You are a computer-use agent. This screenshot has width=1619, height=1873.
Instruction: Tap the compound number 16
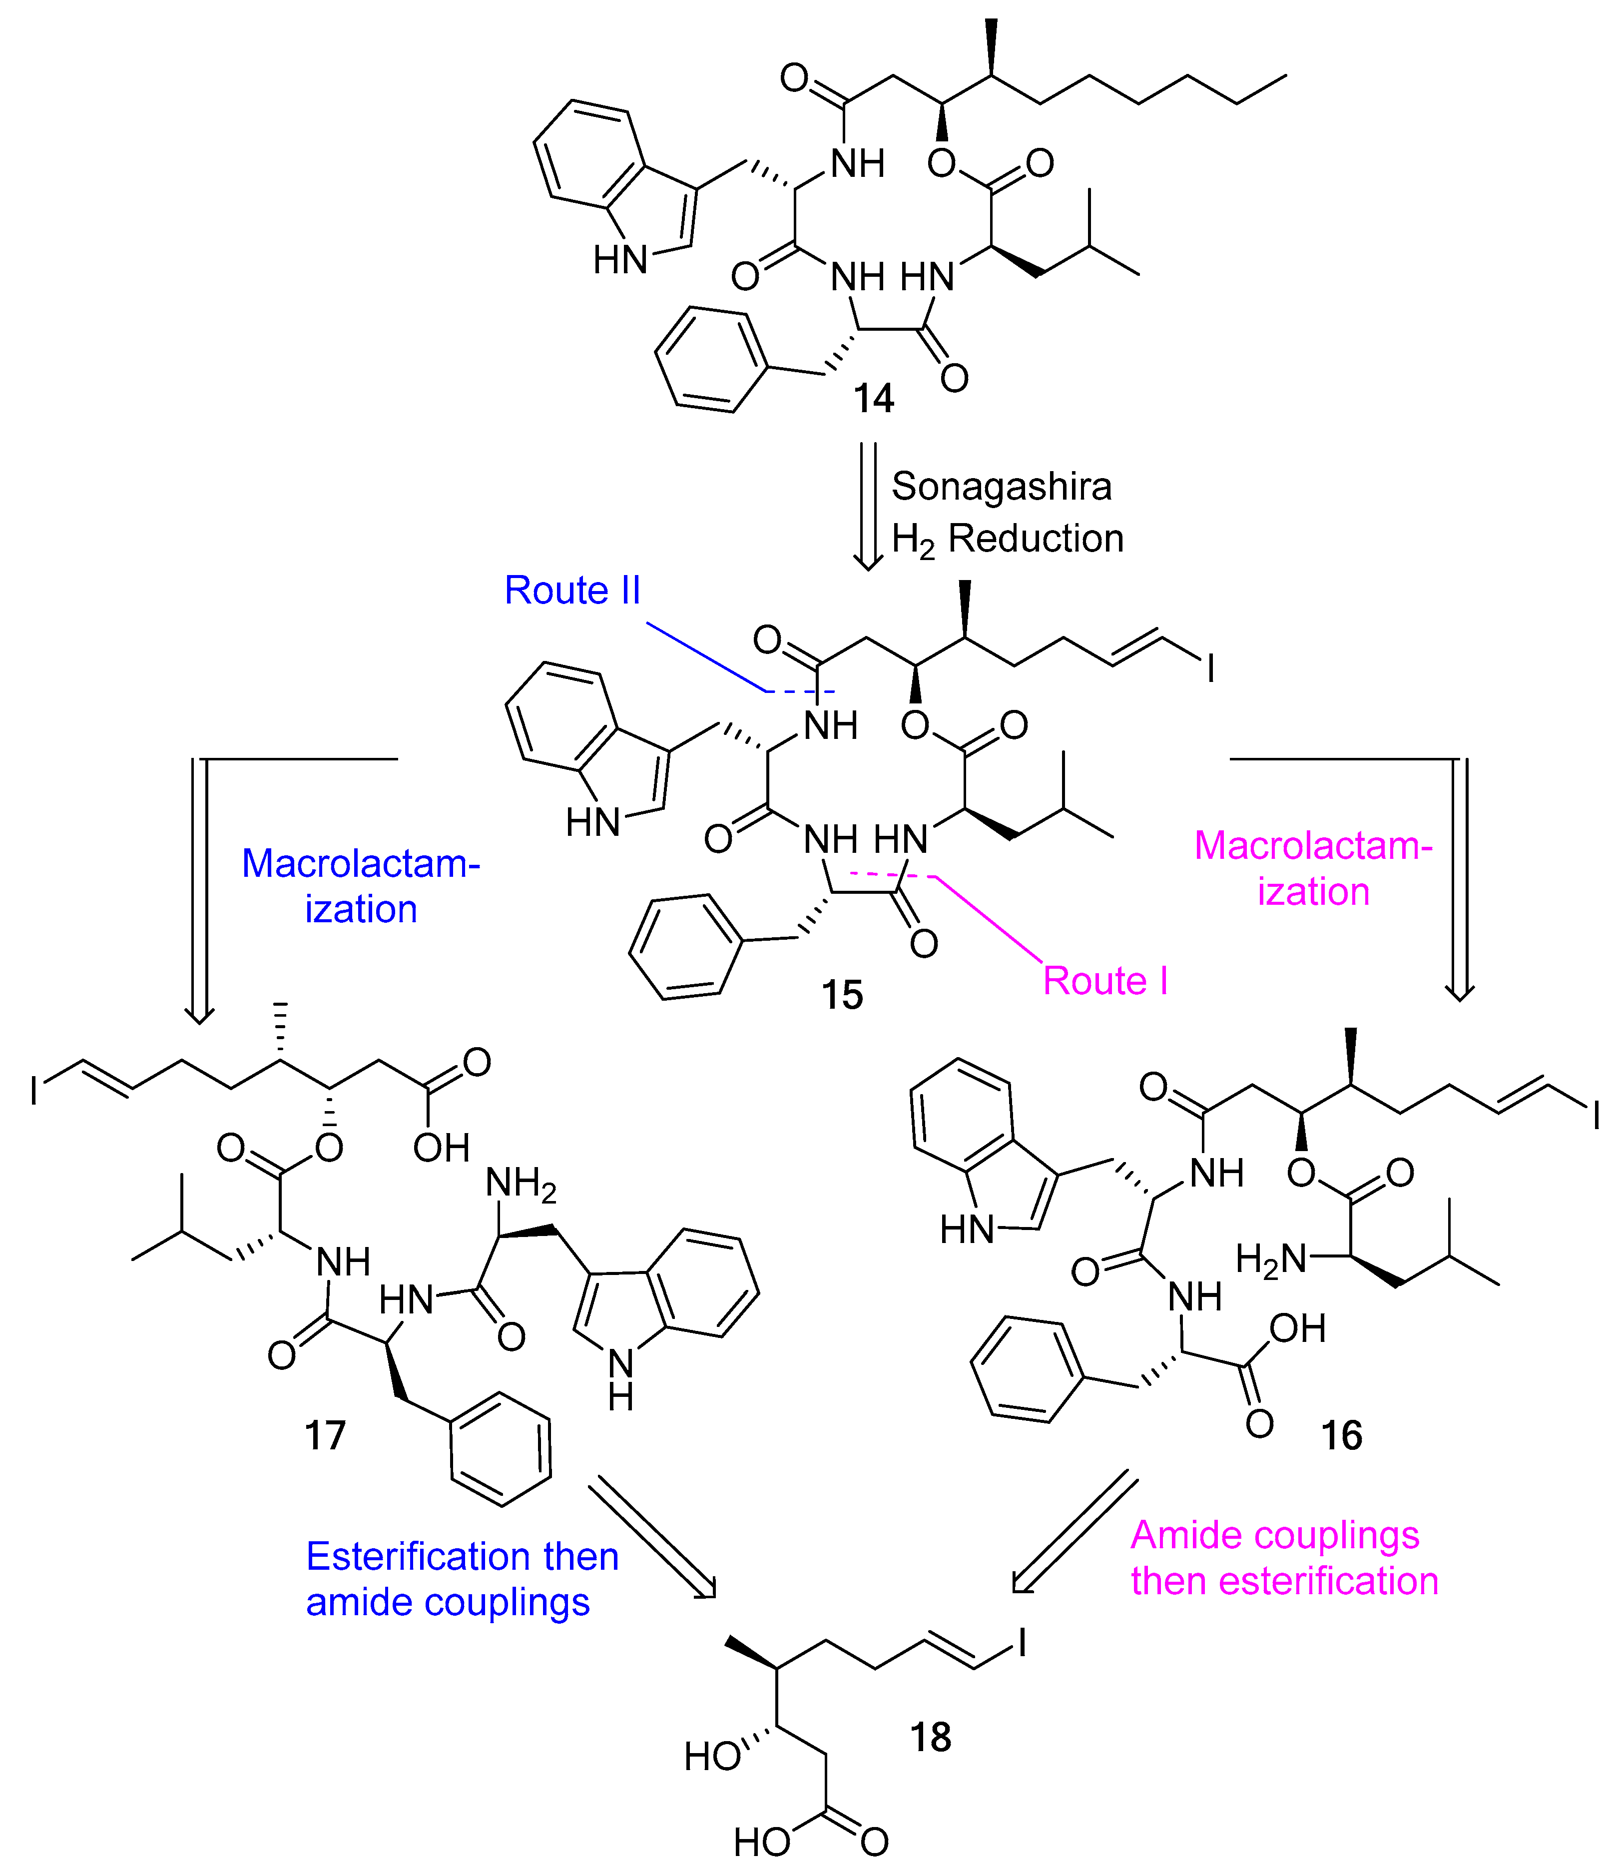(1341, 1435)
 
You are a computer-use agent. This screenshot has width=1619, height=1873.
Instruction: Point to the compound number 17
(325, 1435)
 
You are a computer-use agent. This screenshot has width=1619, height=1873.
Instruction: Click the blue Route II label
(571, 591)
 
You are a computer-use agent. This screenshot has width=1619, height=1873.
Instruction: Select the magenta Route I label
(1104, 981)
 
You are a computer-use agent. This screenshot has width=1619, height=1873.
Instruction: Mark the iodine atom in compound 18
(1023, 1643)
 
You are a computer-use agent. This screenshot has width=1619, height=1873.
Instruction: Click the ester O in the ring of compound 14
(941, 163)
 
